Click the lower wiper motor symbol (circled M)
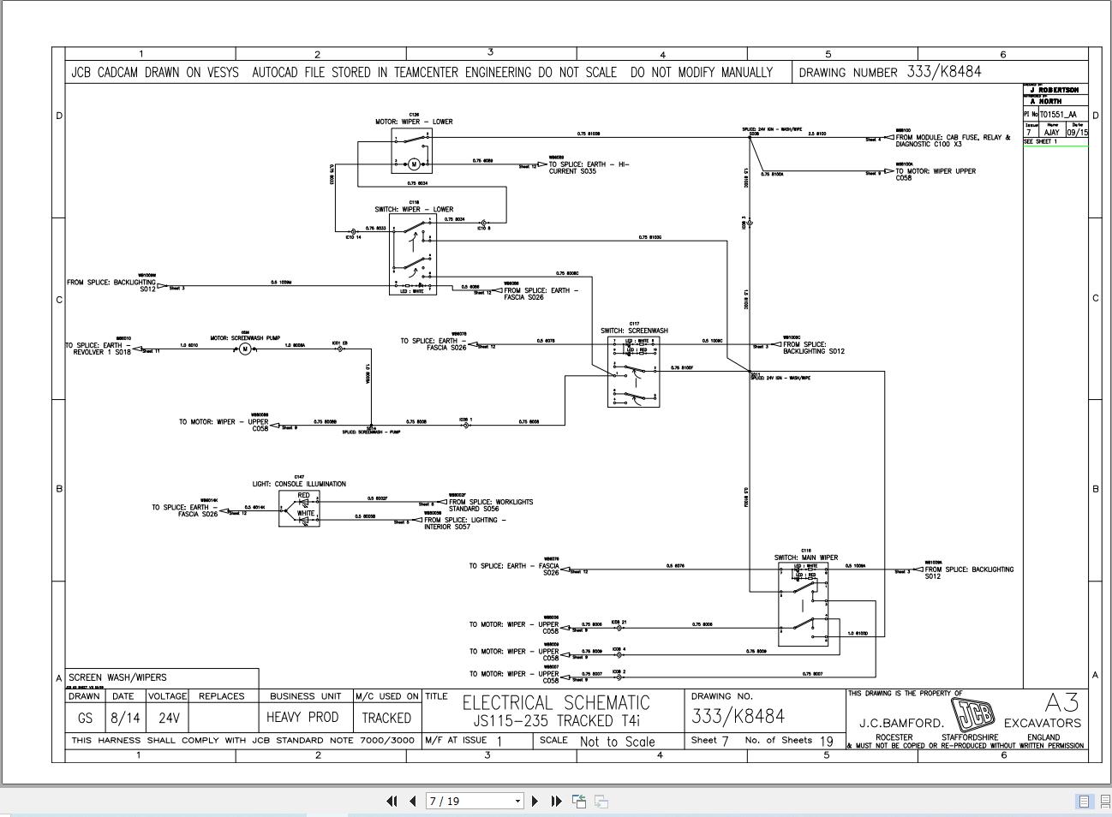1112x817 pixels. [x=415, y=164]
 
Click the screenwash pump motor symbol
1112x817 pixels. [x=245, y=349]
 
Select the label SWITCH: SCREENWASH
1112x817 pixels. [x=634, y=331]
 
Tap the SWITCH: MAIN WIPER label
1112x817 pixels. [x=806, y=558]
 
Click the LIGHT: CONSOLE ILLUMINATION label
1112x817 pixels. [x=299, y=484]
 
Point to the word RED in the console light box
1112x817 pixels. [x=303, y=496]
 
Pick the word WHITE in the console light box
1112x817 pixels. [x=306, y=514]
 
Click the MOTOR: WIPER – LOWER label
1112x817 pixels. [x=414, y=122]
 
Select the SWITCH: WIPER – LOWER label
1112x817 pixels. [x=414, y=209]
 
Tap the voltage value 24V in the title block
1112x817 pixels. [x=169, y=718]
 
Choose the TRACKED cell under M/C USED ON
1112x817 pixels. [x=386, y=718]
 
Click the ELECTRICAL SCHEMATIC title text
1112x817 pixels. [x=556, y=703]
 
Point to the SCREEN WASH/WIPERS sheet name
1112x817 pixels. [x=117, y=677]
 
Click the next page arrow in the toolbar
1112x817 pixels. [x=535, y=802]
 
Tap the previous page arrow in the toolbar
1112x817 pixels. [x=412, y=802]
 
